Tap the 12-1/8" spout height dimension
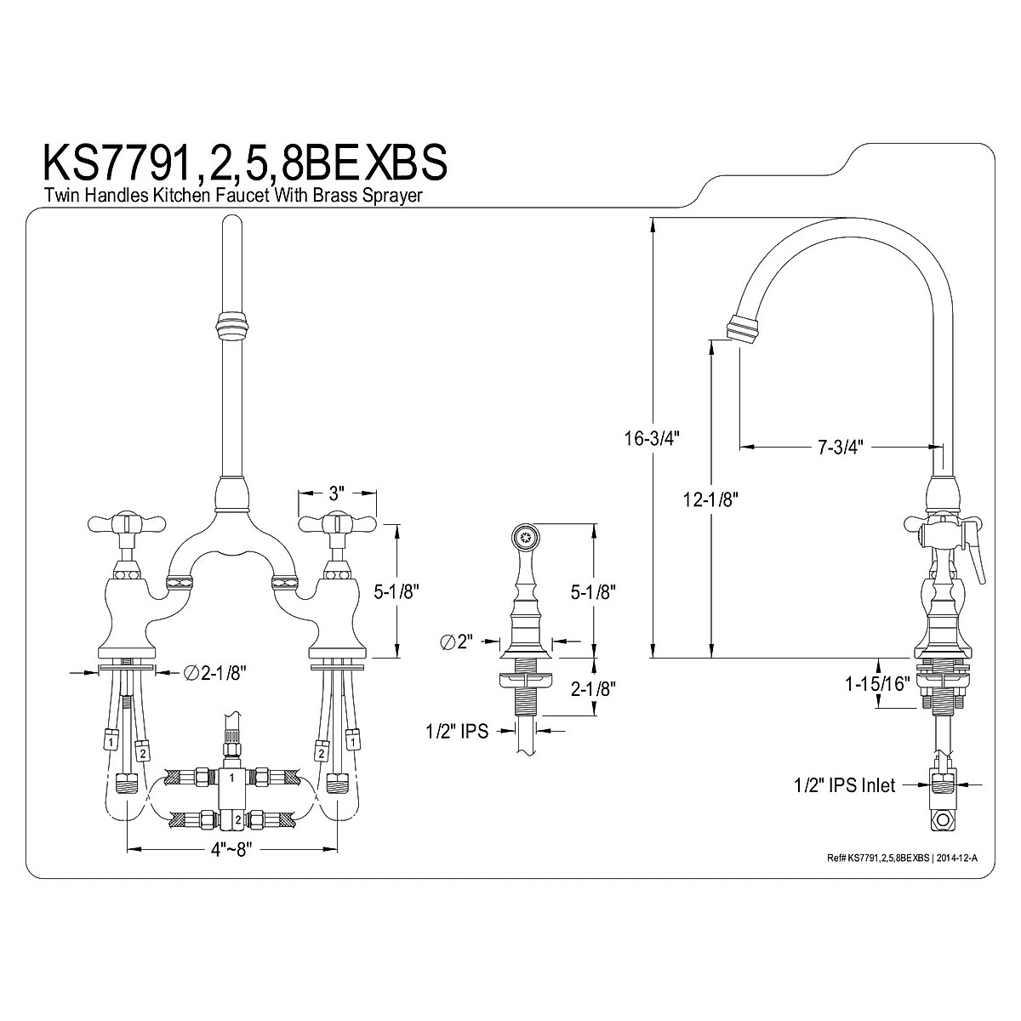click(x=710, y=499)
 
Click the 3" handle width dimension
click(x=337, y=492)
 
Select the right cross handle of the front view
click(x=338, y=522)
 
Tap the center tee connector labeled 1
click(x=231, y=777)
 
